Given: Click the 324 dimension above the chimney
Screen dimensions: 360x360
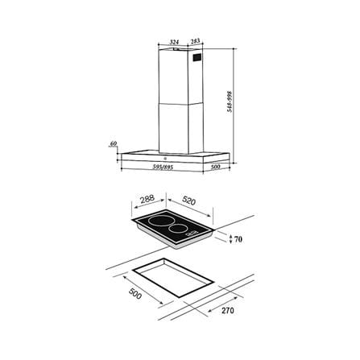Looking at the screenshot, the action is pos(175,42).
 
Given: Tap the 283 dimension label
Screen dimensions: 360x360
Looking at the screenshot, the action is pos(196,41).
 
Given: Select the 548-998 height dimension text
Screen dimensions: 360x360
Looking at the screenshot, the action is pos(230,101).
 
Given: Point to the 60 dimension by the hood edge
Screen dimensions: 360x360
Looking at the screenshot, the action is pos(114,144).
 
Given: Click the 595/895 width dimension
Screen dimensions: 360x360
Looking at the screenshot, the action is pos(163,167).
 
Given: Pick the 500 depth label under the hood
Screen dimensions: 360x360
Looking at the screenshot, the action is pos(215,167).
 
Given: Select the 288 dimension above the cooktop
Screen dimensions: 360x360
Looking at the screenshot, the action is pos(147,199).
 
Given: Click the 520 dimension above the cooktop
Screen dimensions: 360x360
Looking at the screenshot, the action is pos(189,201).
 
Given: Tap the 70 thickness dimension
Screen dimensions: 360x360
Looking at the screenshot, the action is pos(238,239).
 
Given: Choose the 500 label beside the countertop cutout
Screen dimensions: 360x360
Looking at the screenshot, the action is pos(135,293).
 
